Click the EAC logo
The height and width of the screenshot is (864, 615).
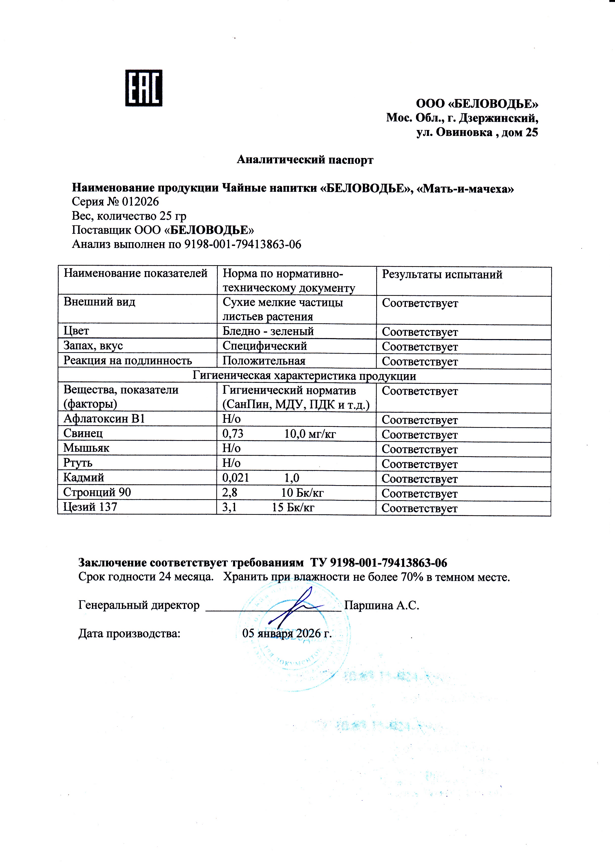point(144,88)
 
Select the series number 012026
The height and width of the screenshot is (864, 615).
point(140,202)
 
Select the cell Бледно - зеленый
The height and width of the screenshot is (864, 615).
point(268,331)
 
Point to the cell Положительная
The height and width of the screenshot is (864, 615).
point(264,361)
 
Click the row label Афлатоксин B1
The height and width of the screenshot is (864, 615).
point(104,419)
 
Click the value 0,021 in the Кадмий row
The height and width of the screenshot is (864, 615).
point(236,478)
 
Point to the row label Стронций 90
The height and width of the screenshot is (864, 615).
point(97,493)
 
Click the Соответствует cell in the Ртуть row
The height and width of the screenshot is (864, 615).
point(419,464)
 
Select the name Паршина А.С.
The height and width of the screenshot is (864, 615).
point(381,606)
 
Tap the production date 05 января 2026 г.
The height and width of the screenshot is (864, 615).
point(287,633)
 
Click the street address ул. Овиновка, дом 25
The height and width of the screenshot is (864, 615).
point(477,132)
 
